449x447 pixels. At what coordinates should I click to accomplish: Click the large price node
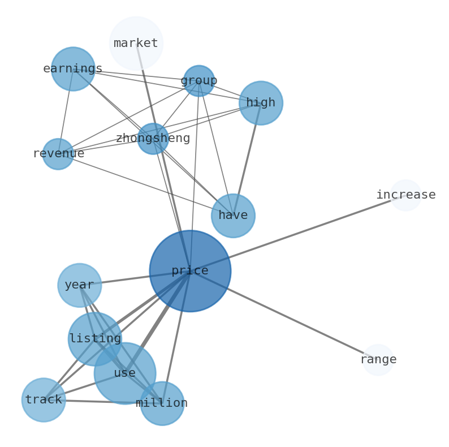[x=190, y=271]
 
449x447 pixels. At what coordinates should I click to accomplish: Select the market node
[x=136, y=43]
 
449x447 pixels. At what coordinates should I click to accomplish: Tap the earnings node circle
[x=73, y=69]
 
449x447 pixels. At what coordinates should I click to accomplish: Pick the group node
[x=199, y=81]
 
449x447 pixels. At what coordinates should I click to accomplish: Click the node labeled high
[x=261, y=103]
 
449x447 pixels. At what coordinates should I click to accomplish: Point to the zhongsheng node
[x=153, y=139]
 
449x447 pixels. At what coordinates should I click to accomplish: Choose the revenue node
[x=58, y=154]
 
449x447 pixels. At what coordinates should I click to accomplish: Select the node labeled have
[x=233, y=216]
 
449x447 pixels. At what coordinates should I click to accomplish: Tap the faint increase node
[x=405, y=195]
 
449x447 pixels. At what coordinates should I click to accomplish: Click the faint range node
[x=378, y=360]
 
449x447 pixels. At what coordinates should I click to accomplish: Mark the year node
[x=79, y=285]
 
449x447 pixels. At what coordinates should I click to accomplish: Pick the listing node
[x=95, y=339]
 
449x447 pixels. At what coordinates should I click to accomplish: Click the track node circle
[x=44, y=400]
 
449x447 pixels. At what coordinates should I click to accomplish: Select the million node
[x=162, y=403]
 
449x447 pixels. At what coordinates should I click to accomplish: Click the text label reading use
[x=124, y=373]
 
